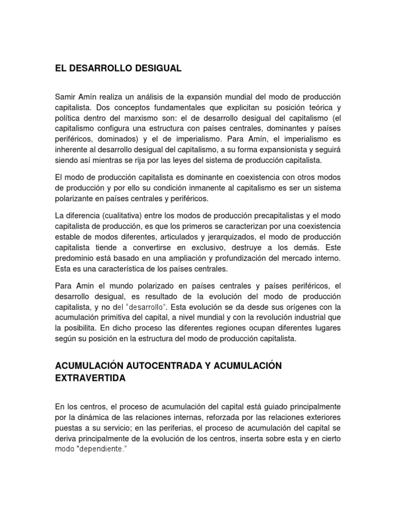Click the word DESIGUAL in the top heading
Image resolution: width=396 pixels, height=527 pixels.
(x=157, y=68)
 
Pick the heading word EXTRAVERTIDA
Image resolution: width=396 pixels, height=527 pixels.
(x=90, y=378)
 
